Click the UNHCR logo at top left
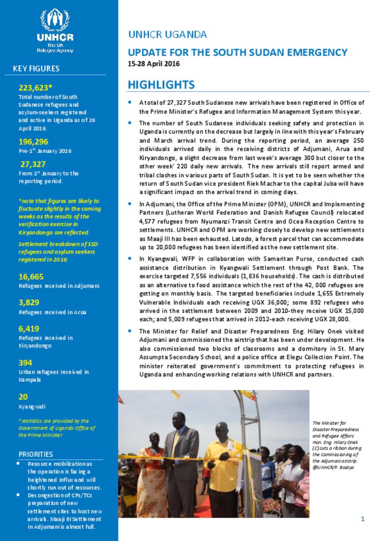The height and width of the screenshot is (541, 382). [55, 30]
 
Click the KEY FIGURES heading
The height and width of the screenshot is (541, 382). [36, 69]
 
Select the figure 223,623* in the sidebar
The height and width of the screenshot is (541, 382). [35, 88]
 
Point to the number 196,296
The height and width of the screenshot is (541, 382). [33, 142]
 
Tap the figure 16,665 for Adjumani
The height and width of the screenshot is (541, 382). [31, 277]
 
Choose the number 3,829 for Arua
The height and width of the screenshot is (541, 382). [29, 302]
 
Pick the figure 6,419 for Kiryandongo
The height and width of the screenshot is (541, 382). [29, 329]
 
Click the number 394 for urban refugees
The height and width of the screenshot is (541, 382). [25, 363]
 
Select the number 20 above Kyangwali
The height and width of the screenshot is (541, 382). [23, 397]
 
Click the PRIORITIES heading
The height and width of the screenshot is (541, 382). [36, 454]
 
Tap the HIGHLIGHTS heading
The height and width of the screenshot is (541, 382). [161, 85]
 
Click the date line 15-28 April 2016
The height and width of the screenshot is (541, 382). [154, 64]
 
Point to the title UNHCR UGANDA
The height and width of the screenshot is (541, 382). [167, 35]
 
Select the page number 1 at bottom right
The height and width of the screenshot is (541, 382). [363, 519]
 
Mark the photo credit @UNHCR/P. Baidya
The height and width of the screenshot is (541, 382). [333, 467]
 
